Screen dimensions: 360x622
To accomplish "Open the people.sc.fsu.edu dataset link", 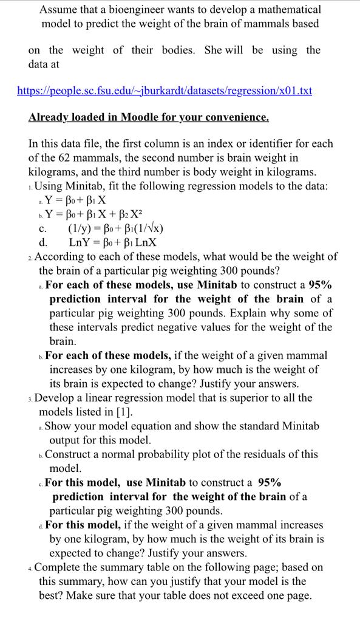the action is point(164,91).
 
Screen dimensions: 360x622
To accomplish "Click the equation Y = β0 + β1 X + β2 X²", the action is point(91,214).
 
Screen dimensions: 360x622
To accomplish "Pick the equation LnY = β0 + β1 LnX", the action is point(113,242).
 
